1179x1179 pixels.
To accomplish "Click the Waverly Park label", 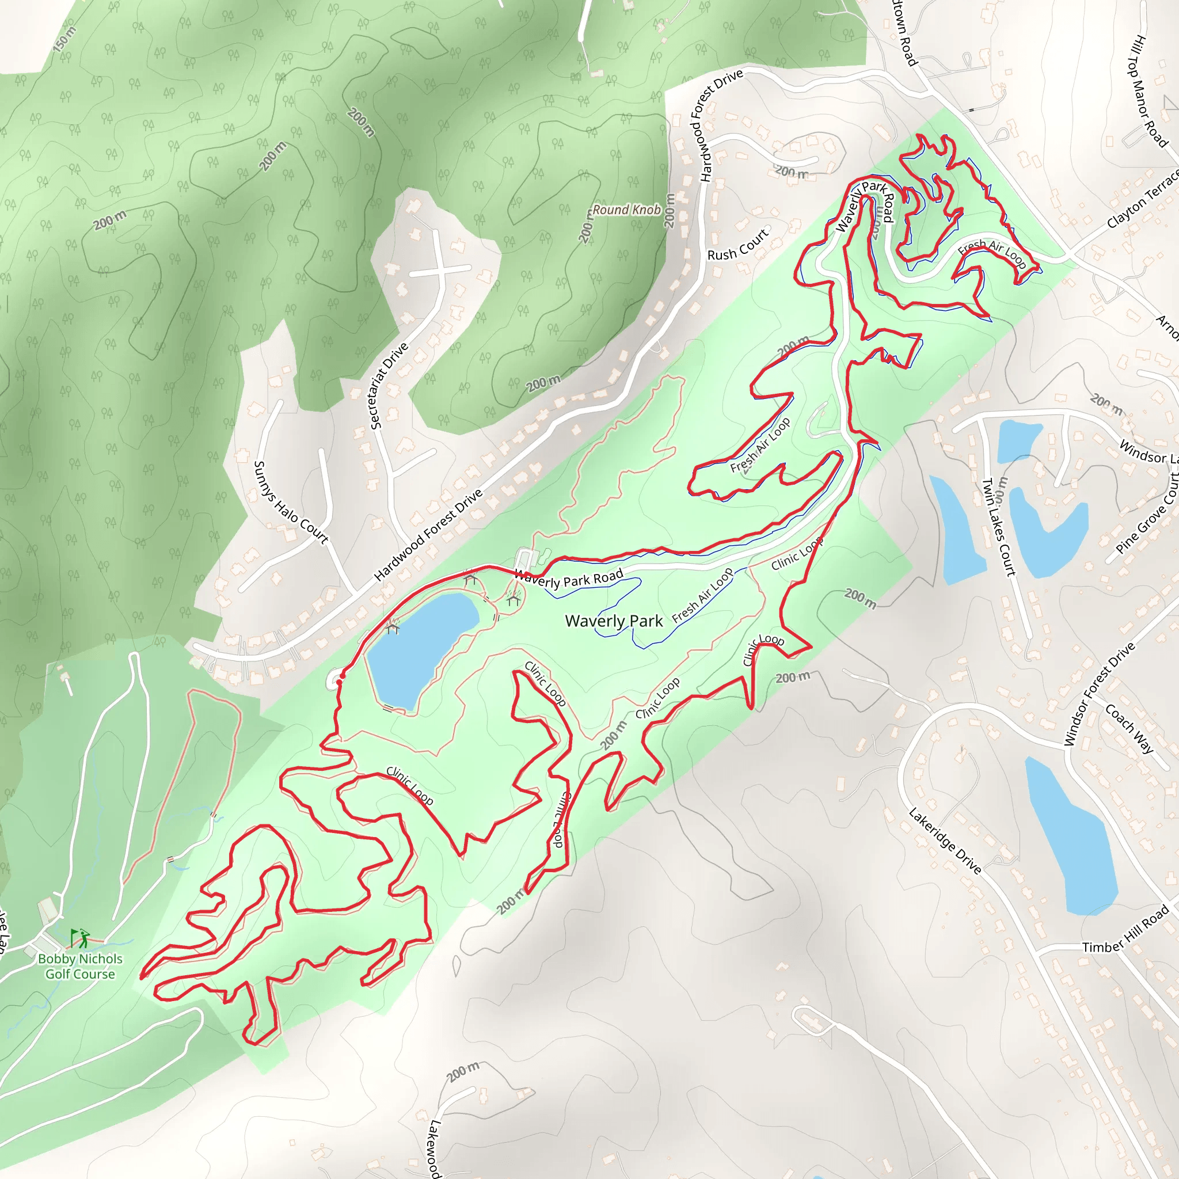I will coord(613,621).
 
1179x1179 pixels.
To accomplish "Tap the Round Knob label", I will coord(626,210).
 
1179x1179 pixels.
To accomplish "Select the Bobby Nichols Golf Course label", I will coord(80,966).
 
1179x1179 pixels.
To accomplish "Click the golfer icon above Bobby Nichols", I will coord(80,937).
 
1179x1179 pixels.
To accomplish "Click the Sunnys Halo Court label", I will coord(291,502).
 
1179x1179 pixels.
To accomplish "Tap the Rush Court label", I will coord(738,245).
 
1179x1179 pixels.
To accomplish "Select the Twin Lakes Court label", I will coord(998,528).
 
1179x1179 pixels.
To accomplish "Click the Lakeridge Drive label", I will coord(945,841).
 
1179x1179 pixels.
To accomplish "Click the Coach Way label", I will coord(1129,729).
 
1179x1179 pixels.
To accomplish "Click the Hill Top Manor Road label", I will coord(1147,92).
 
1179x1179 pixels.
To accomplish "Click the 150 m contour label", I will coord(64,39).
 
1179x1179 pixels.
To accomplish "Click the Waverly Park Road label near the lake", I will coord(568,577).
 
